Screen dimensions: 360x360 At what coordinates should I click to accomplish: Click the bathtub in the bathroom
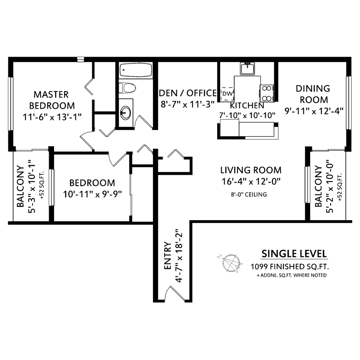click(x=136, y=70)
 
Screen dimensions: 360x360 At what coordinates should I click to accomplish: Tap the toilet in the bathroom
click(x=126, y=88)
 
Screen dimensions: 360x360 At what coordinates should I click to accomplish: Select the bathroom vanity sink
click(x=126, y=112)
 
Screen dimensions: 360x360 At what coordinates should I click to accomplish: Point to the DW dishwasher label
click(x=228, y=93)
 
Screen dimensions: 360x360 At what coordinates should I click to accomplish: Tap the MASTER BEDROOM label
click(x=52, y=100)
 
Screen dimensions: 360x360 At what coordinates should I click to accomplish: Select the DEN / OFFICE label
click(x=188, y=93)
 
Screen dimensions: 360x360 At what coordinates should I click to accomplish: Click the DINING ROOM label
click(x=313, y=94)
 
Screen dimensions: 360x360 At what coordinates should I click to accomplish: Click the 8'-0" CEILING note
click(x=249, y=194)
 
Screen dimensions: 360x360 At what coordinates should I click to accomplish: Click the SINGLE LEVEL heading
click(x=294, y=253)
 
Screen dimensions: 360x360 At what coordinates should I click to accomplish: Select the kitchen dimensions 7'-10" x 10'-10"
click(x=247, y=115)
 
